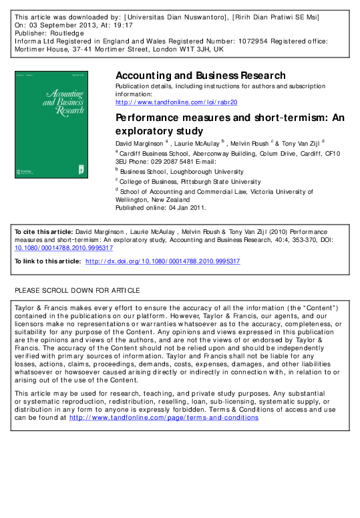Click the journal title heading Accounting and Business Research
coord(201,76)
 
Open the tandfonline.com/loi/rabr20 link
coord(176,102)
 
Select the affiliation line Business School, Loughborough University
coord(177,172)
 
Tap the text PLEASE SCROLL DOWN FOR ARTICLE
coord(77,290)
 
